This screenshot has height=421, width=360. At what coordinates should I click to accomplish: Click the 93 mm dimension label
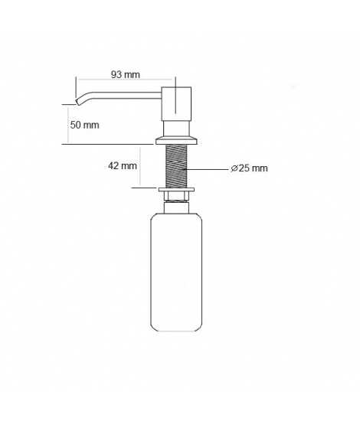tap(126, 74)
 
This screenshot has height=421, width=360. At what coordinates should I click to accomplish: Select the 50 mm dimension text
tap(84, 125)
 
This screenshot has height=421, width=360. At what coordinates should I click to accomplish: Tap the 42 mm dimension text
tap(123, 165)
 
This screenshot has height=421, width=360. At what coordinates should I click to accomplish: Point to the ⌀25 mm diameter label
tap(249, 168)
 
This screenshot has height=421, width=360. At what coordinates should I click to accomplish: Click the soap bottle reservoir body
tap(176, 272)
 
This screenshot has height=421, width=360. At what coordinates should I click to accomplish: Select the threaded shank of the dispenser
tap(176, 166)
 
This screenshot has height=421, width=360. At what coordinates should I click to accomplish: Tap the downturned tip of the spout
tap(78, 101)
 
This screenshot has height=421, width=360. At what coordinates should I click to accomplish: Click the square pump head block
tap(176, 103)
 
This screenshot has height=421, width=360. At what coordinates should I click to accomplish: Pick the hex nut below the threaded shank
tap(176, 197)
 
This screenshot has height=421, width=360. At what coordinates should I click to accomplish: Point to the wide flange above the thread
tap(176, 140)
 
